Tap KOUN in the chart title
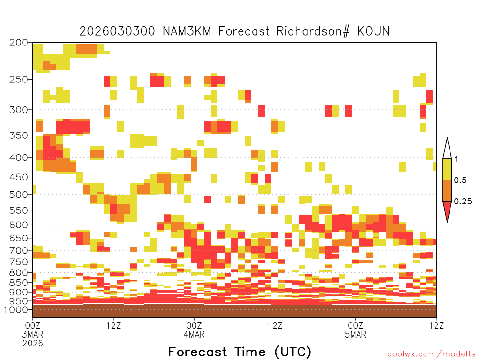(x=374, y=31)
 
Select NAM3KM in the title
(x=187, y=31)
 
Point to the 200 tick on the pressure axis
(x=19, y=43)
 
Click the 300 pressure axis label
(x=19, y=110)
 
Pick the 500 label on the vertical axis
(x=19, y=195)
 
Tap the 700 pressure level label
(x=19, y=250)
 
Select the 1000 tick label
(x=16, y=309)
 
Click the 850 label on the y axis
(x=19, y=283)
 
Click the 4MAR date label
(x=194, y=334)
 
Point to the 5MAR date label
(x=355, y=334)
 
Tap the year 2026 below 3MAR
(x=33, y=344)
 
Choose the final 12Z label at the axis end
(x=436, y=325)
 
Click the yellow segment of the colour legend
(x=447, y=169)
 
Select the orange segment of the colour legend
(x=447, y=190)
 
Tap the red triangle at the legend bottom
(x=447, y=210)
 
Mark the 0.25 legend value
(x=463, y=202)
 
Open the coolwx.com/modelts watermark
(x=431, y=354)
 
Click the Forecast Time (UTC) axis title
(x=240, y=352)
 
